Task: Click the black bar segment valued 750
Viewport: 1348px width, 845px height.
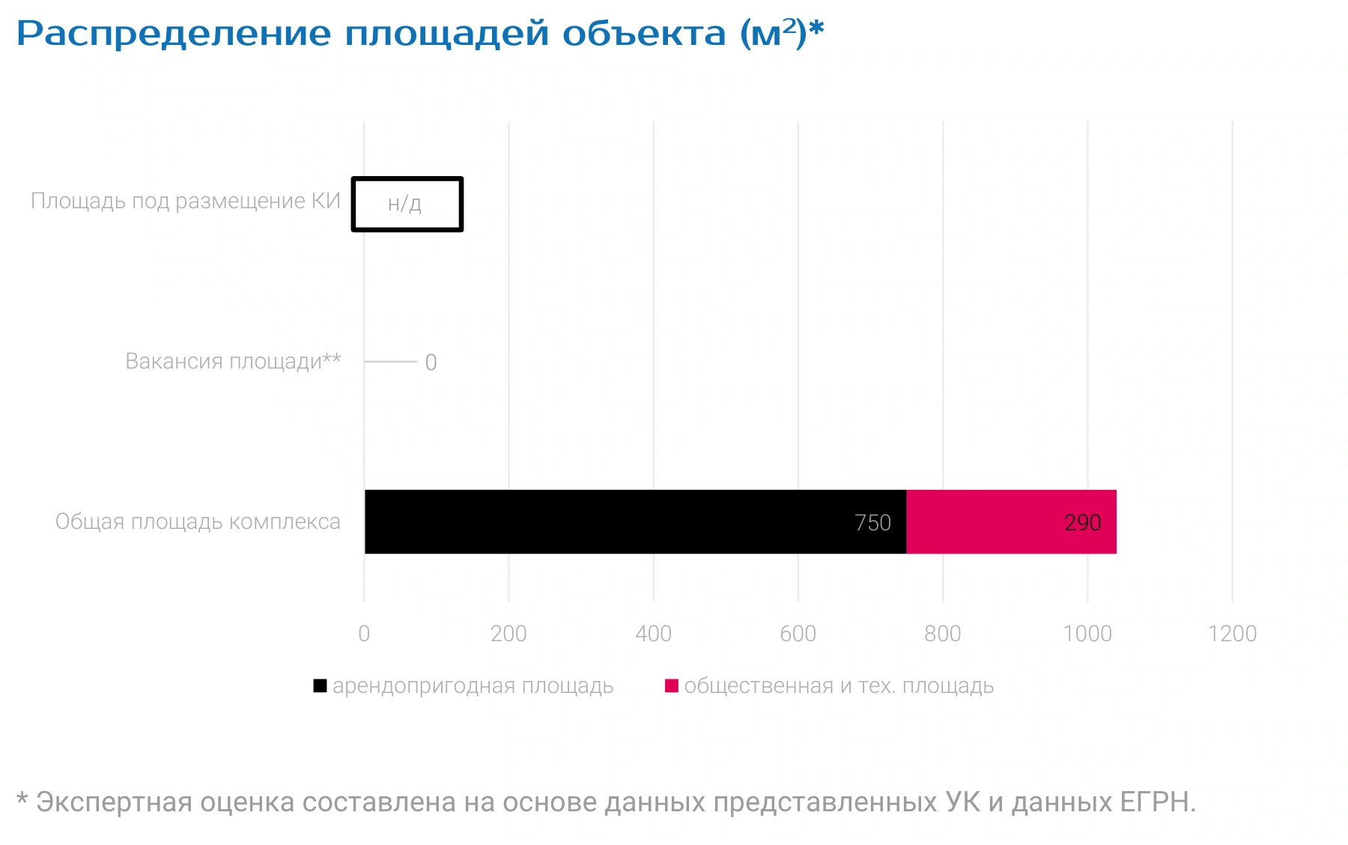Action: click(635, 522)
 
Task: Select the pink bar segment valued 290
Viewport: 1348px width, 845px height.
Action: click(1012, 522)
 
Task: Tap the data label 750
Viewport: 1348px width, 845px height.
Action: click(872, 523)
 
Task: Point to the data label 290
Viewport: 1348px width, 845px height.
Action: click(1083, 523)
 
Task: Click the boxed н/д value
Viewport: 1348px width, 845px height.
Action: click(405, 204)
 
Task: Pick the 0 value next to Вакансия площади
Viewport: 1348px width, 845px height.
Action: click(431, 363)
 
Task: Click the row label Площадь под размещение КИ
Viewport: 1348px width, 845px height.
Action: click(186, 202)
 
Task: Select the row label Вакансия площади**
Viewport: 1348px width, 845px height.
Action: click(233, 362)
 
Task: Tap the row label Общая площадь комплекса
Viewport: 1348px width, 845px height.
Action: click(198, 522)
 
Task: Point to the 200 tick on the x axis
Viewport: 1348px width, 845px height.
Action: click(508, 634)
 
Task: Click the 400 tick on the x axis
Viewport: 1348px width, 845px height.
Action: click(653, 634)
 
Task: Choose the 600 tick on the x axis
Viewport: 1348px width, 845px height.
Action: click(798, 634)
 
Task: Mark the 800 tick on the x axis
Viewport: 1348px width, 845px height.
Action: click(943, 634)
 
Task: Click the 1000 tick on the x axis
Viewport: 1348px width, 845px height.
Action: click(1087, 634)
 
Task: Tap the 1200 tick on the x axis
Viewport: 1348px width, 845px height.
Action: click(1232, 634)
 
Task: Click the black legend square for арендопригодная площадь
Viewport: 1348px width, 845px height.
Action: click(320, 685)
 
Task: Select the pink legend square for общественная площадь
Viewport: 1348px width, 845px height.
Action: click(672, 685)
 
